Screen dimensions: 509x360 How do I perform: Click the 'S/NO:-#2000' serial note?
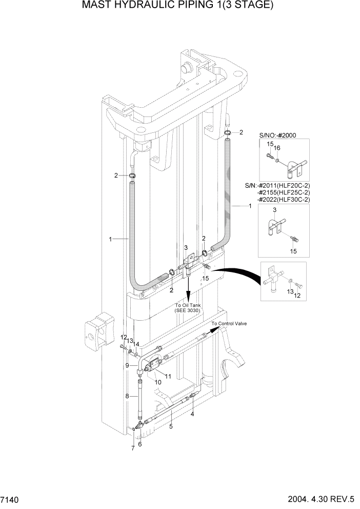tap(277, 135)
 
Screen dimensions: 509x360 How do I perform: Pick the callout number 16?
tap(277, 148)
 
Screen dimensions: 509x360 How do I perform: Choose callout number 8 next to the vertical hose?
tap(127, 396)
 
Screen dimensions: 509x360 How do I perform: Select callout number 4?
tap(192, 414)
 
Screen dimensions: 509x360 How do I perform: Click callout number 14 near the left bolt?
tap(136, 344)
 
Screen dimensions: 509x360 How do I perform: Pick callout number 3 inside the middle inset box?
tap(275, 211)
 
